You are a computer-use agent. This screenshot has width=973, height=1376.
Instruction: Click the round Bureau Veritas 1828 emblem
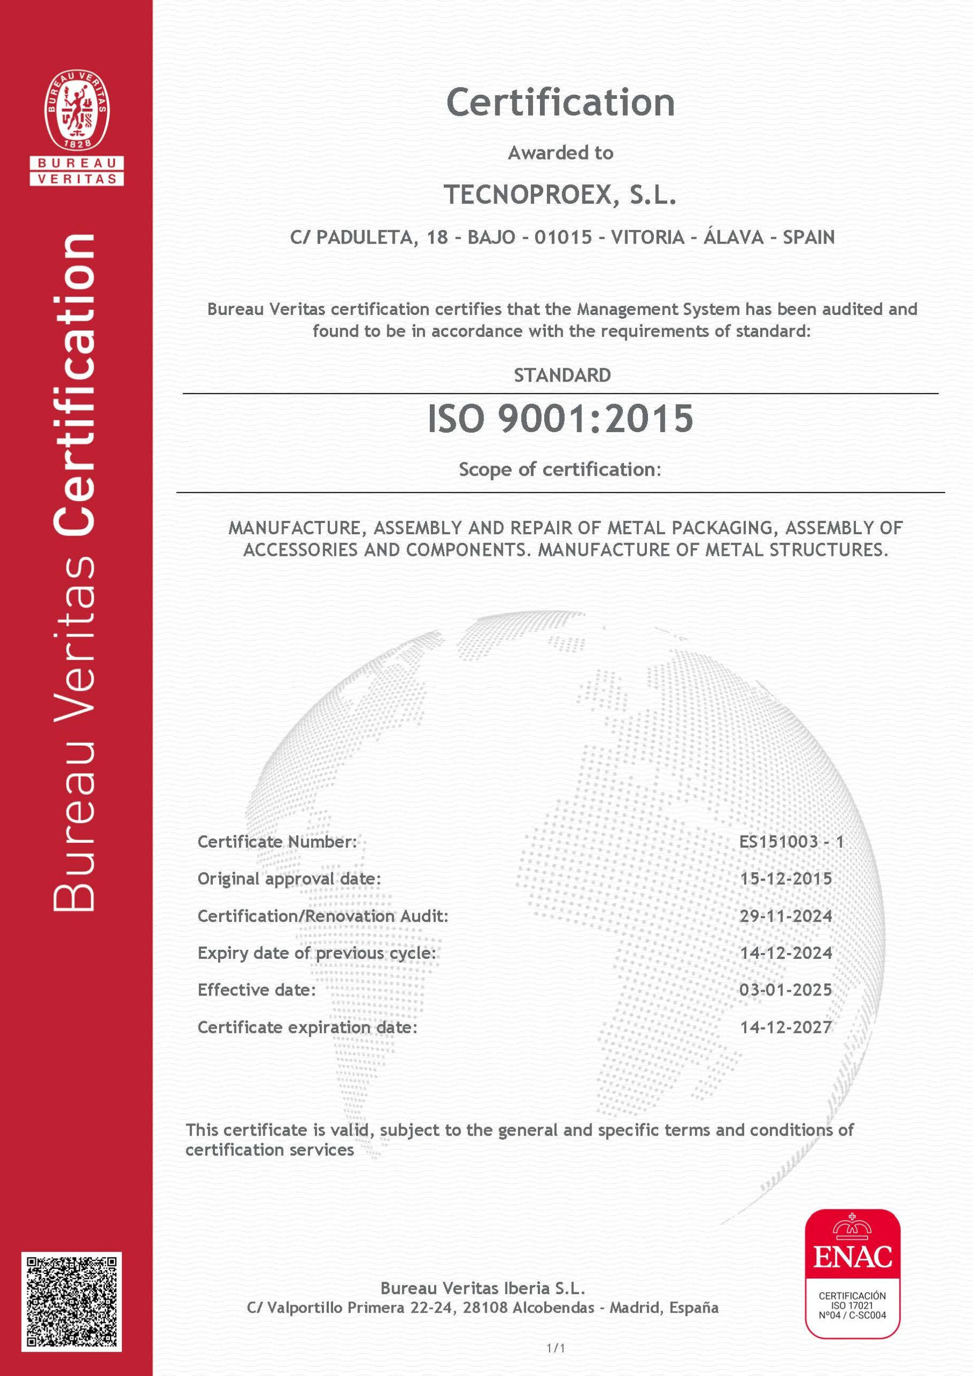coord(77,110)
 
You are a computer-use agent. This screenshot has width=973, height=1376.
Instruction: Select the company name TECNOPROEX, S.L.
coord(560,195)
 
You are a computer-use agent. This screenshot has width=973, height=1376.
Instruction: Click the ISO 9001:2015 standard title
coord(560,418)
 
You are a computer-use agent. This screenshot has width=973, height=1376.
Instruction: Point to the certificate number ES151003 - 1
coord(791,841)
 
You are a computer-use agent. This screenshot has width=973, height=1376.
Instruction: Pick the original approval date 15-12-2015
coord(786,879)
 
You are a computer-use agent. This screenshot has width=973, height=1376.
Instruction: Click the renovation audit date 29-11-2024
coord(786,916)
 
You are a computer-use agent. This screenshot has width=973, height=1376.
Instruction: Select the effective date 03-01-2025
coord(786,990)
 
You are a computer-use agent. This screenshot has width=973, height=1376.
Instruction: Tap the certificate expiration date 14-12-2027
coord(786,1027)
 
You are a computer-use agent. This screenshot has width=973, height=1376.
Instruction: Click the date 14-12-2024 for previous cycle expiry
coord(786,953)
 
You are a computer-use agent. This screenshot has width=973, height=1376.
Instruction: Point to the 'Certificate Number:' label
coord(277,841)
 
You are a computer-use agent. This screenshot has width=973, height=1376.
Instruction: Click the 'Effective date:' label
coord(256,990)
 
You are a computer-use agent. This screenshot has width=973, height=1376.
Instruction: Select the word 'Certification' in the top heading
coord(560,102)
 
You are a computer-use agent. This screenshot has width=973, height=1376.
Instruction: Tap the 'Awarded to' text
coord(560,153)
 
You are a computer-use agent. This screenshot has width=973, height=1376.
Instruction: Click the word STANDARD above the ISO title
coord(562,375)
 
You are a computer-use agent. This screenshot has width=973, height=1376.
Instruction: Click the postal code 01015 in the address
coord(563,238)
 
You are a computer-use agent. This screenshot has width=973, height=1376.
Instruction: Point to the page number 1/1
coord(556,1348)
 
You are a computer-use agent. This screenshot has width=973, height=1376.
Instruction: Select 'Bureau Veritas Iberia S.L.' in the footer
coord(482,1287)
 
